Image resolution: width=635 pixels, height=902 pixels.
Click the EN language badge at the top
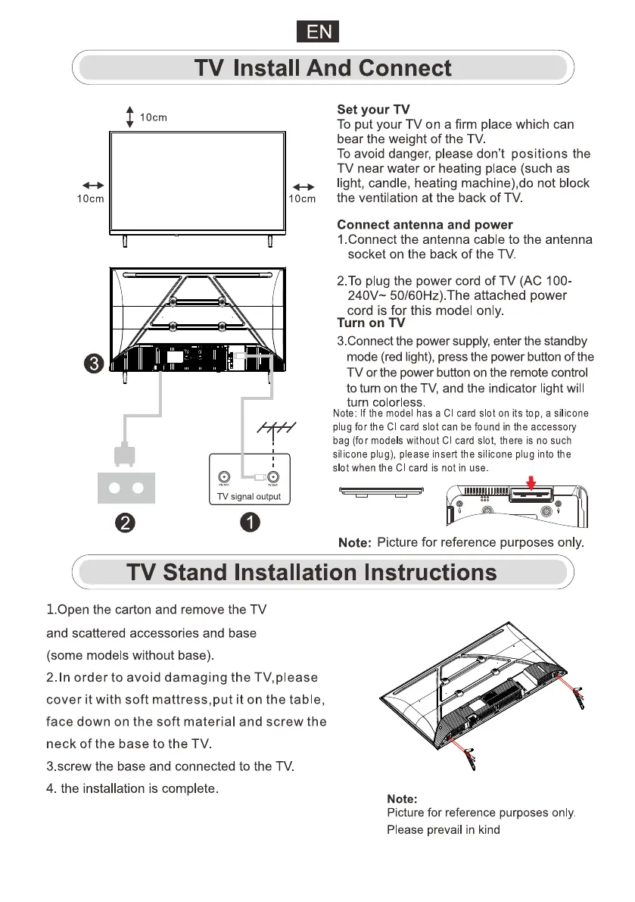pyautogui.click(x=317, y=32)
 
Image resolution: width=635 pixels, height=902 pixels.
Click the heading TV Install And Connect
pyautogui.click(x=323, y=69)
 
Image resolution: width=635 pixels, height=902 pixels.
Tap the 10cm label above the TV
pyautogui.click(x=154, y=117)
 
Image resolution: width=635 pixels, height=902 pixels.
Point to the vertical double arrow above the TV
pyautogui.click(x=130, y=117)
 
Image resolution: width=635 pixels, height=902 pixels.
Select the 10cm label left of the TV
pyautogui.click(x=91, y=198)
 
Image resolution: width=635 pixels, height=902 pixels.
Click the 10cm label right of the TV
pyautogui.click(x=302, y=198)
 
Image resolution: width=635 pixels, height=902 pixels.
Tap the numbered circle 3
pyautogui.click(x=93, y=364)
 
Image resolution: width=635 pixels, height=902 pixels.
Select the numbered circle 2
pyautogui.click(x=126, y=523)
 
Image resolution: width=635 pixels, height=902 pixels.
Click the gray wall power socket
pyautogui.click(x=126, y=488)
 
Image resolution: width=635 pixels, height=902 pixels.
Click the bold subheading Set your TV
pyautogui.click(x=373, y=110)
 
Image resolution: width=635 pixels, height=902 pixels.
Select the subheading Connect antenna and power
pyautogui.click(x=425, y=225)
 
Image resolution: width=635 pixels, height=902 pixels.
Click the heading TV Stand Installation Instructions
pyautogui.click(x=312, y=572)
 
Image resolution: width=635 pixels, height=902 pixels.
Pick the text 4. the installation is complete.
pyautogui.click(x=133, y=788)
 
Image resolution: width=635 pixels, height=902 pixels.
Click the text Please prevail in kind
pyautogui.click(x=444, y=829)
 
